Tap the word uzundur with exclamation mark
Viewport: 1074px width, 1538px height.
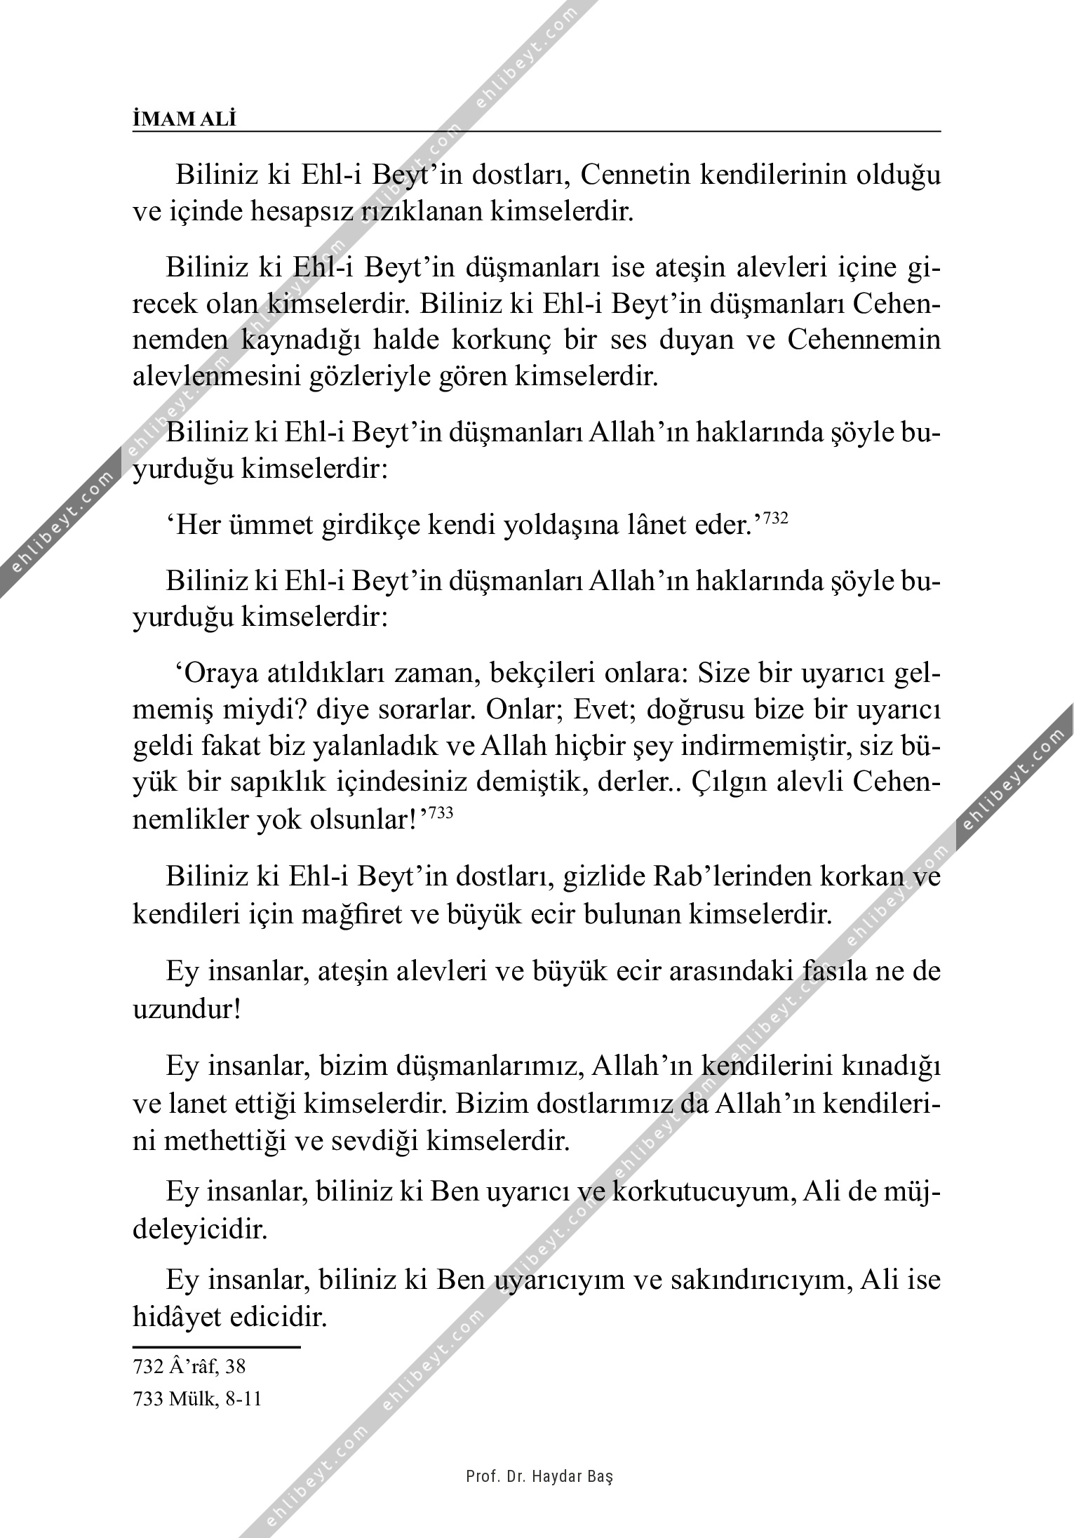coord(187,1010)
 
